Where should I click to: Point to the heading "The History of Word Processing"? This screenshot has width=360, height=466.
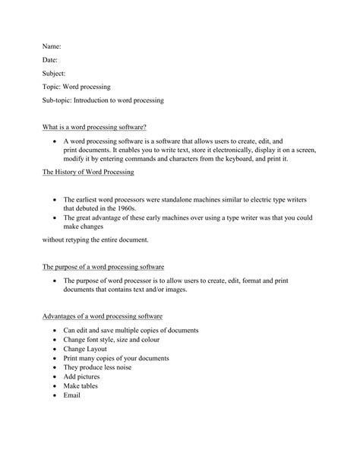tap(88, 173)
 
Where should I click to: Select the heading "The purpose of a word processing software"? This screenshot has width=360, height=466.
tap(103, 268)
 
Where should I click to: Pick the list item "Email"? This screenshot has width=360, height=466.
tap(72, 395)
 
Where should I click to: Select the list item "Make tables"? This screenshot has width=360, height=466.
tap(81, 385)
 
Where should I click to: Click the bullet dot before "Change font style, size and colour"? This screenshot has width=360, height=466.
tap(55, 341)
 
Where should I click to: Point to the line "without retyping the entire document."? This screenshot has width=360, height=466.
tap(95, 240)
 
